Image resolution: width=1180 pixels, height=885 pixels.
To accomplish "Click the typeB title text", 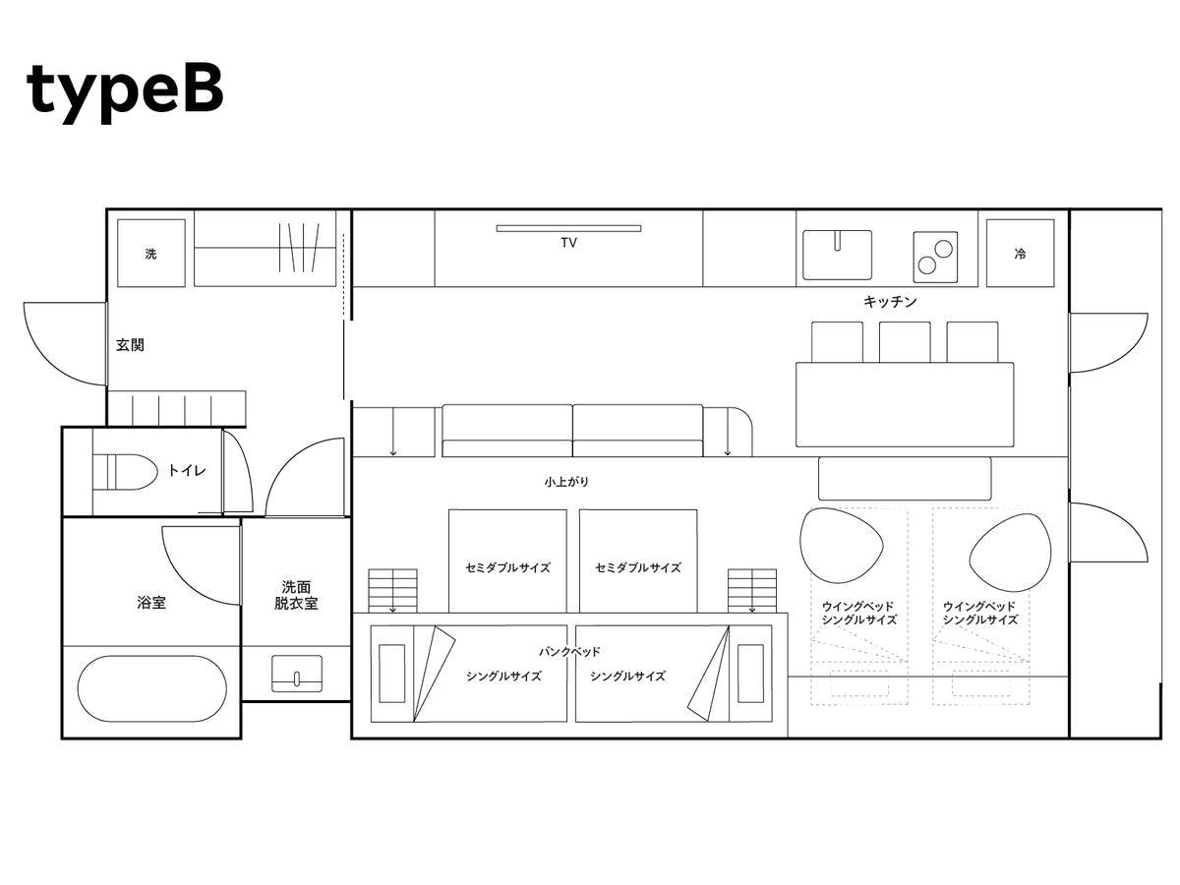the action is (x=125, y=92).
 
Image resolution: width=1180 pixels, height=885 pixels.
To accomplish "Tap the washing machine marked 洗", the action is (x=151, y=253).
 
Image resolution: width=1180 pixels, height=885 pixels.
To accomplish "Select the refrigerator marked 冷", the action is (x=1020, y=253).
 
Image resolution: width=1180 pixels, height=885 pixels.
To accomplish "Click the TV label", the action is (x=568, y=242).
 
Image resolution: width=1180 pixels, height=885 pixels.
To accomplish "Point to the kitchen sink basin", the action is (x=837, y=255).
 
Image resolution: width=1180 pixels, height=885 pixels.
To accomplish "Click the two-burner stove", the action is (x=935, y=257).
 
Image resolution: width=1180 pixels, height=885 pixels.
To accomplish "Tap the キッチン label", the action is (x=890, y=302).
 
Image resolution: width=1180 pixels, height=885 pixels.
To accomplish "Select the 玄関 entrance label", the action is (x=130, y=344).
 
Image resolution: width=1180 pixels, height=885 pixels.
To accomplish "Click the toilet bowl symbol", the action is (x=125, y=472).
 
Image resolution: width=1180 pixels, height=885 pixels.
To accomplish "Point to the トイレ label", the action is (x=187, y=471).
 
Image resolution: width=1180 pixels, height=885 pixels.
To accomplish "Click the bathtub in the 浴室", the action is (x=152, y=688).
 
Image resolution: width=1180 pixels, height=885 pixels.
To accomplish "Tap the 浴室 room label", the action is (x=151, y=603).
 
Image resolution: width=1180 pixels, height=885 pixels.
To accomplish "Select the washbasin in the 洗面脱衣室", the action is (x=297, y=674).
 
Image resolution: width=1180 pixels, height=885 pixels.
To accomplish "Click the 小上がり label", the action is (x=566, y=482).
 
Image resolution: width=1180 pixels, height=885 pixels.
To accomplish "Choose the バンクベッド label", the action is (x=569, y=652).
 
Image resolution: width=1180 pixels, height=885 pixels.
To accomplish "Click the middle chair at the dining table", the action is (x=905, y=342).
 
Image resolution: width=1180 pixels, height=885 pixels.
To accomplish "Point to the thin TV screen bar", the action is (x=568, y=228).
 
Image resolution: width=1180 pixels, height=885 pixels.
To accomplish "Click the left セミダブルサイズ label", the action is (x=507, y=567).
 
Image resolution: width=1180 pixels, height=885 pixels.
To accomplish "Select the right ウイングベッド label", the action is (x=979, y=607).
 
